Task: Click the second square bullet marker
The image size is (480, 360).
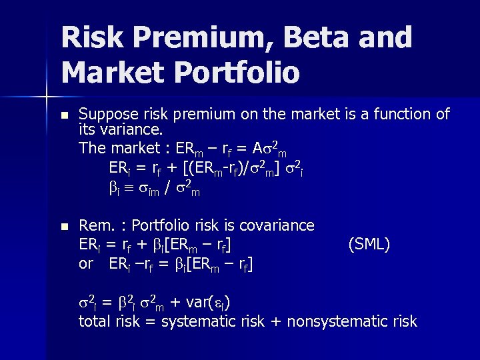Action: click(63, 227)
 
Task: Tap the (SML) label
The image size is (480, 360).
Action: click(369, 245)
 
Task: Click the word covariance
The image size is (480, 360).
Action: click(275, 226)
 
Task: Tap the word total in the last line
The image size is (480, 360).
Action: click(94, 321)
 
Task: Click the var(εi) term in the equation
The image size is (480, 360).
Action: click(206, 303)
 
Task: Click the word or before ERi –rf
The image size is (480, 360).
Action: click(86, 263)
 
